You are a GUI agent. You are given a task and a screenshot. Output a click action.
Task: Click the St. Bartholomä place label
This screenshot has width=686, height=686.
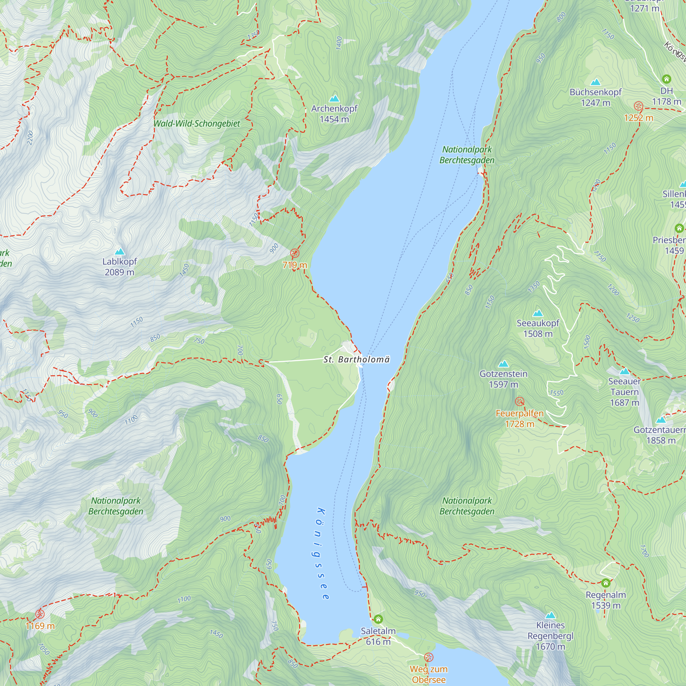pos(356,359)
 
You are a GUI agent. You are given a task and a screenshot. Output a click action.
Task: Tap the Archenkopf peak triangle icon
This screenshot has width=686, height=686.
pos(334,99)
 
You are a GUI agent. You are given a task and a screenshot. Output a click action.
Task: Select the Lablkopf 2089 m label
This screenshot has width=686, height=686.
pos(120,267)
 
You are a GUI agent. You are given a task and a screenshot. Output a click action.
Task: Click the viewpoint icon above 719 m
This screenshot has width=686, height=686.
pos(295,253)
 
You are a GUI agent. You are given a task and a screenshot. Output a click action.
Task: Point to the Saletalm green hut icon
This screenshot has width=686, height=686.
pos(378,619)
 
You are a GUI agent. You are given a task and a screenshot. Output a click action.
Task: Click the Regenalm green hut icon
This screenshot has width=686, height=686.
pos(606,583)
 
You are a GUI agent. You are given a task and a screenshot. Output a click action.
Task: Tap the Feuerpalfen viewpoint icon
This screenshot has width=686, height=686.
pos(519,402)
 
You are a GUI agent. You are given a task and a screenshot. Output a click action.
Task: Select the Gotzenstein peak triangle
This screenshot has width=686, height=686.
pos(504,364)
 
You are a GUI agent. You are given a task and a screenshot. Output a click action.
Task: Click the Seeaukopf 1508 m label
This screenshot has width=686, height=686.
pos(537,329)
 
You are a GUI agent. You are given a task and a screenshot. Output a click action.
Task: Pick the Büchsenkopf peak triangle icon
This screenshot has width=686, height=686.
pos(595,82)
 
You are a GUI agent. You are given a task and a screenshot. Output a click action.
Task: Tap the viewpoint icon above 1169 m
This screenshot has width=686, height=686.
pos(40,614)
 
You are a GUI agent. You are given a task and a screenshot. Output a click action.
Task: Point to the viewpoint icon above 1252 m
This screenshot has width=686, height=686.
pos(638,106)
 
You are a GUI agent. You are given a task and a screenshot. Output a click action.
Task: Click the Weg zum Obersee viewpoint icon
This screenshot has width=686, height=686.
pos(428,657)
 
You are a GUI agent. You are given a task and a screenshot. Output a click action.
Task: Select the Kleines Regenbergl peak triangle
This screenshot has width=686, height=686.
pos(551,615)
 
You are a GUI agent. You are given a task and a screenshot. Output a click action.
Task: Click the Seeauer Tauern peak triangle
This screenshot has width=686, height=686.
pos(625,372)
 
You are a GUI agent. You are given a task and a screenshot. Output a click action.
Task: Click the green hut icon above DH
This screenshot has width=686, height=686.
pos(666,79)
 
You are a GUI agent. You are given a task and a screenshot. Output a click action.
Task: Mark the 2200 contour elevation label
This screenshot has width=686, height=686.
pos(30,138)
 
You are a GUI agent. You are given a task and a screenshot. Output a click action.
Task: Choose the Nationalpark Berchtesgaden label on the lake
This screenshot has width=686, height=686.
pos(466,155)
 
